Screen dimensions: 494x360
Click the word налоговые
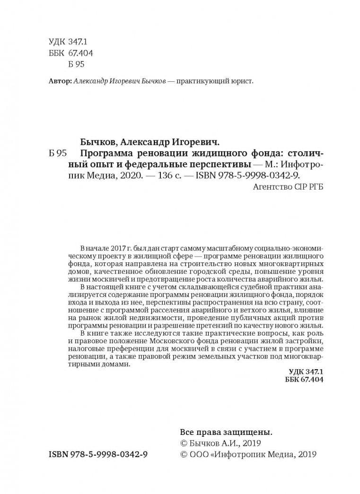[x=89, y=349]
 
